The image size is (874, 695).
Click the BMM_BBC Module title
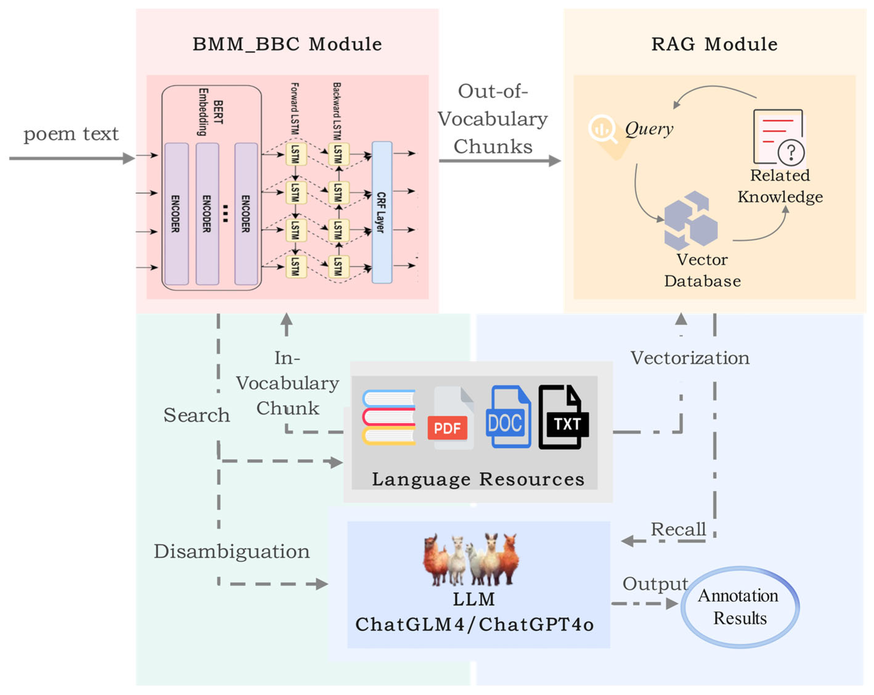click(287, 44)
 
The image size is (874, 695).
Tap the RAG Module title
click(714, 44)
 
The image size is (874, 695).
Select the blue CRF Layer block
click(382, 212)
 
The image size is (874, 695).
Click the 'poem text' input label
click(71, 134)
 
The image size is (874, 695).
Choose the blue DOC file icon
click(508, 416)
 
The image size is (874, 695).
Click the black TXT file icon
click(563, 416)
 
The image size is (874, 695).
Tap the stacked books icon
click(389, 418)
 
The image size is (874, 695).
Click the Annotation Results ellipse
click(740, 607)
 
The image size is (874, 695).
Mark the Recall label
click(678, 529)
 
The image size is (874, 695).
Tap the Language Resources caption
click(478, 479)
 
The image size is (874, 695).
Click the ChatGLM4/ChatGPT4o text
click(475, 625)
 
